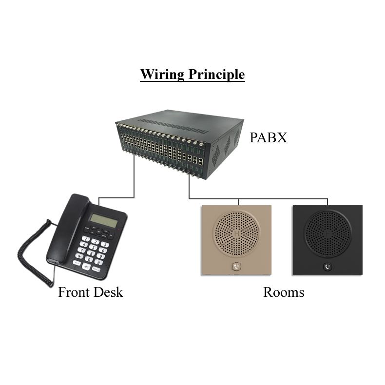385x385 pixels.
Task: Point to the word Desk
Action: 108,292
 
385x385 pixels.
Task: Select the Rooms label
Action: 284,292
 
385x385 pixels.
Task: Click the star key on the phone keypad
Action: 78,256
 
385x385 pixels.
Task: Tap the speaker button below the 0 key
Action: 87,267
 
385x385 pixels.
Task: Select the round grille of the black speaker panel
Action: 327,233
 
